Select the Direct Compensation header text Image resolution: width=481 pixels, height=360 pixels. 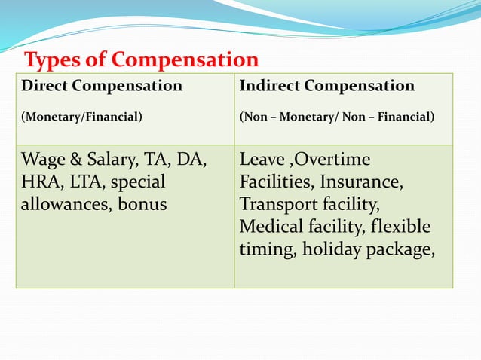click(102, 86)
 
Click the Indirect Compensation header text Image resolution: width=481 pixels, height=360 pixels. click(326, 86)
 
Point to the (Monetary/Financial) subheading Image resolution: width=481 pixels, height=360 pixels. click(81, 117)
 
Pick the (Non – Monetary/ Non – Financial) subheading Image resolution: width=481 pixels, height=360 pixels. click(336, 117)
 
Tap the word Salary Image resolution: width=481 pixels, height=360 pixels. click(106, 160)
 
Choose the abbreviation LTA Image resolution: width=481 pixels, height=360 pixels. click(83, 182)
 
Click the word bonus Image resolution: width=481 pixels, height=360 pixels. click(143, 204)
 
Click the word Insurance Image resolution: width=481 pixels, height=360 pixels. click(361, 182)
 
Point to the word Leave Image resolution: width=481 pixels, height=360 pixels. click(259, 160)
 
